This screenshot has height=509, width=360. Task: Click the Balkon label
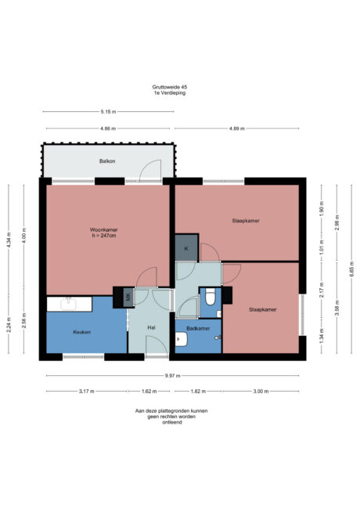click(x=108, y=161)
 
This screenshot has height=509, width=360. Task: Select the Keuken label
click(x=82, y=332)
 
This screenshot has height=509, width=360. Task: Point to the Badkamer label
click(x=198, y=328)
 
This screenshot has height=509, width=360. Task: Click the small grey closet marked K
click(x=186, y=248)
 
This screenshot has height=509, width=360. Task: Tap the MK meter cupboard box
click(x=128, y=297)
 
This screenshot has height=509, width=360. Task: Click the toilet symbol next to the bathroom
click(x=209, y=298)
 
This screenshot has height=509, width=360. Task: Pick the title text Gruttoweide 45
click(x=169, y=88)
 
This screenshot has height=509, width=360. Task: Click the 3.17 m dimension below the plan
click(x=86, y=391)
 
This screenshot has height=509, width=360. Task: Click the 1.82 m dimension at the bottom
click(x=198, y=391)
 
